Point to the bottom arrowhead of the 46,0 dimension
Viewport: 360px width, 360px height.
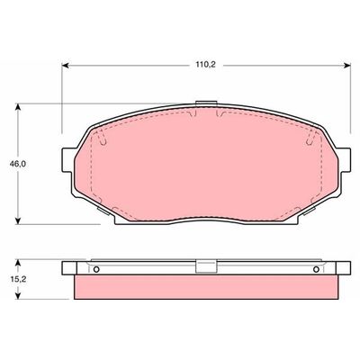coord(20,221)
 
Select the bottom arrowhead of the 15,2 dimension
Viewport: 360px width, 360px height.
coord(20,298)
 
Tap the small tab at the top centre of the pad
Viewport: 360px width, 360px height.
coord(207,106)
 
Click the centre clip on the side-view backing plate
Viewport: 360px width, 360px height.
coord(206,266)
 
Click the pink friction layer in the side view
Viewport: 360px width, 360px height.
coord(207,287)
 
